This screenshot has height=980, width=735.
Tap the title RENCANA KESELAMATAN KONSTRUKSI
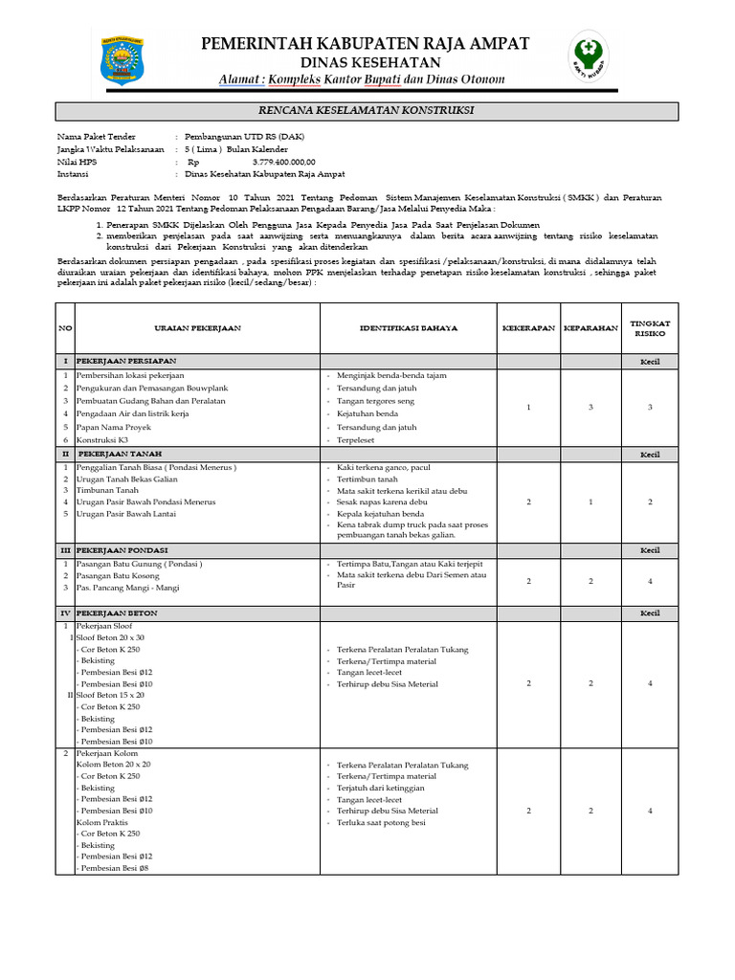tap(367, 111)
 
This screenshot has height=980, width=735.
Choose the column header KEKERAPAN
tap(528, 328)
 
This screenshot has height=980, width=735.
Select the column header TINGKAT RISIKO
tap(650, 328)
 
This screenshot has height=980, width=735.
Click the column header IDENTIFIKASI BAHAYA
tap(408, 328)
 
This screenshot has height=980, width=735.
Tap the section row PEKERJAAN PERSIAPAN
tap(125, 362)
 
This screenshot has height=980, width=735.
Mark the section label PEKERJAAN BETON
tap(117, 612)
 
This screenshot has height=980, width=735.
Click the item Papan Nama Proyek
tap(113, 427)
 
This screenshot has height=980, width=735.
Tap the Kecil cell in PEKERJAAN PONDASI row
tap(650, 550)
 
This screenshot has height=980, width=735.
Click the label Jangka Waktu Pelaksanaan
tap(111, 150)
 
